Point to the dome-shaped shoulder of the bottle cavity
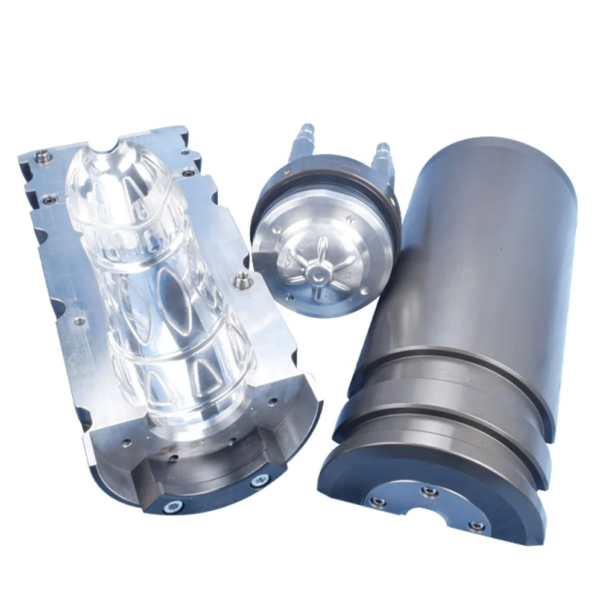(121, 181)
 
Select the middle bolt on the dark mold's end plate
(429, 492)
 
